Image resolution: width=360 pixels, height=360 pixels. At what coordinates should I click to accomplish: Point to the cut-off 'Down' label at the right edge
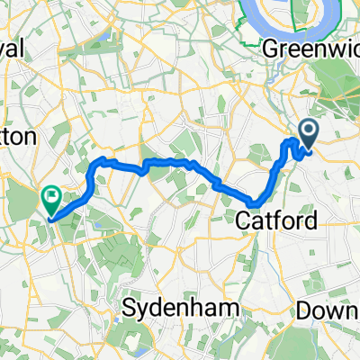pos(336,309)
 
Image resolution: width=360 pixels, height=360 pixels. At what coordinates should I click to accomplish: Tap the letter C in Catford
pos(243,220)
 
